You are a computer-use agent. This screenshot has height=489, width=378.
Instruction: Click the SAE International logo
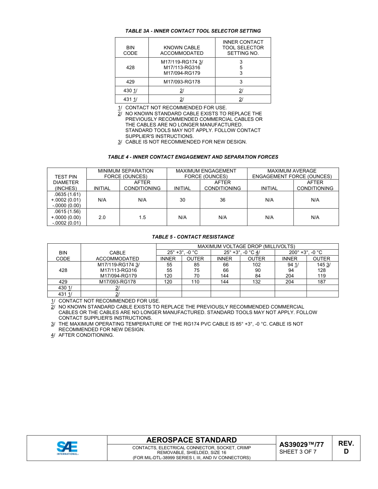coord(67,448)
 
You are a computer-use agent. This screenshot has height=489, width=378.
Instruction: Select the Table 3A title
coord(193,31)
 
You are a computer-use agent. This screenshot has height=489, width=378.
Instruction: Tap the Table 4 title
coord(193,157)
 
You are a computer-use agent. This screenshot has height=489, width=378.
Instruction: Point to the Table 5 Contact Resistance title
coord(193,237)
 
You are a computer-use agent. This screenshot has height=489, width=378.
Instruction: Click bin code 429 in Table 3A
coord(130,82)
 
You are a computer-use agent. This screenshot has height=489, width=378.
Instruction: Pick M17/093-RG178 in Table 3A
coord(181,82)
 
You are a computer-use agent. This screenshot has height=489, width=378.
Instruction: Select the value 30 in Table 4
coord(182,200)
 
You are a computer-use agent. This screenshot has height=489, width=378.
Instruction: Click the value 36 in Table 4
coord(222,200)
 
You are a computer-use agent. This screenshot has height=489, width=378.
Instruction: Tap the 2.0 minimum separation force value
coord(102,217)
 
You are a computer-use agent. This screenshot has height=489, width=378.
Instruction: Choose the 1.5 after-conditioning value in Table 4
coord(142,217)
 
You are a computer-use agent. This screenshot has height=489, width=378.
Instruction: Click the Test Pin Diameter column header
coord(66,182)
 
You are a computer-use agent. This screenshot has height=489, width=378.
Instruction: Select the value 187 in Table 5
coord(321,282)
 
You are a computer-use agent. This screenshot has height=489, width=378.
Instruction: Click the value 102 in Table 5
coord(257,264)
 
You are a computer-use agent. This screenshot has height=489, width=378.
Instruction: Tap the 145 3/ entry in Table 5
coord(323,264)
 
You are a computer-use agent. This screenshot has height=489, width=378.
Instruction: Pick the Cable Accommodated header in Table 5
coord(117,256)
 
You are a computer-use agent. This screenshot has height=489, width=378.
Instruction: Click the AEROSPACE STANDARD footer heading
coord(191,440)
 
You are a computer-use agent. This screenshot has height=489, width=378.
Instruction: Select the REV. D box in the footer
coord(346,447)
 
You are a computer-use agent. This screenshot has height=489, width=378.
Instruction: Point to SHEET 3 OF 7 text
coord(298,452)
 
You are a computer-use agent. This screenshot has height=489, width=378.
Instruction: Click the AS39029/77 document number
coord(301,444)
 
